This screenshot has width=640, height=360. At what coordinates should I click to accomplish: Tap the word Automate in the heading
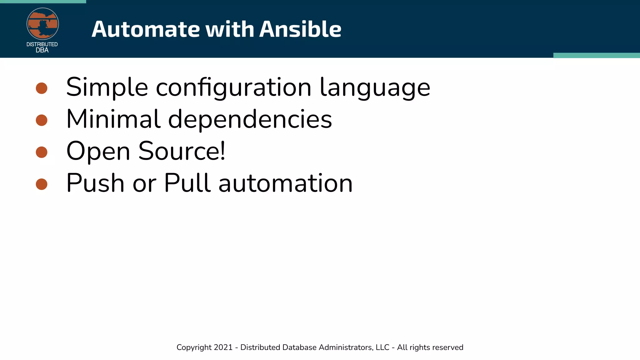[x=146, y=29]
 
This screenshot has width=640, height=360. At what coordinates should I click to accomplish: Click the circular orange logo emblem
[x=42, y=24]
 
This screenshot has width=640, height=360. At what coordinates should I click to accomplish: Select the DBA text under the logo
[x=42, y=50]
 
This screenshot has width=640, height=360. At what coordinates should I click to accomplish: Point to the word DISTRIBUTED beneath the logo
[x=42, y=44]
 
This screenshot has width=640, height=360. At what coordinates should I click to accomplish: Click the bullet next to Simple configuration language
[x=42, y=88]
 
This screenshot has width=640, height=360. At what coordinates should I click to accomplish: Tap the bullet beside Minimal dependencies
[x=42, y=120]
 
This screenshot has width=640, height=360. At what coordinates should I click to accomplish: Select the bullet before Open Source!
[x=42, y=152]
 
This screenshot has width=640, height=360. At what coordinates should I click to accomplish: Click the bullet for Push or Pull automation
[x=42, y=184]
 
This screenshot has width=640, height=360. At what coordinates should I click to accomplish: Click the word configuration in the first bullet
[x=233, y=87]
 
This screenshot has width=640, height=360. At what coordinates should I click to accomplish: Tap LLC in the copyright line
[x=382, y=347]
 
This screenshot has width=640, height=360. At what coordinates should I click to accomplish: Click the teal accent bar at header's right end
[x=596, y=55]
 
